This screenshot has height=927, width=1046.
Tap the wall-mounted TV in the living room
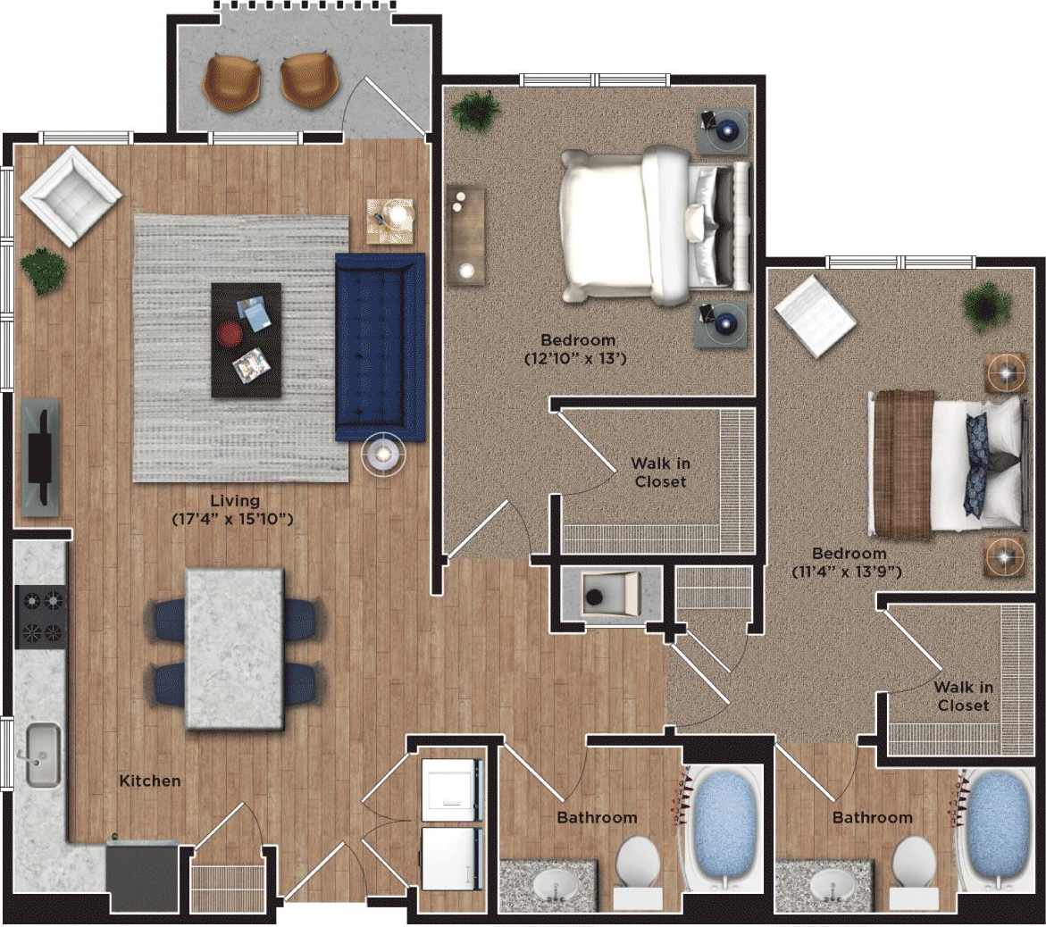click(x=40, y=456)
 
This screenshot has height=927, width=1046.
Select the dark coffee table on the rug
click(x=246, y=339)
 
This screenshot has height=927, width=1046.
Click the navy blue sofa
click(x=380, y=347)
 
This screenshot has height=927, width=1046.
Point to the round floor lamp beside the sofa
click(x=383, y=454)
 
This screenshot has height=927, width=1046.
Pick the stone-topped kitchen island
click(x=235, y=649)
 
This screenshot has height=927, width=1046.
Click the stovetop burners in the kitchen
click(x=41, y=616)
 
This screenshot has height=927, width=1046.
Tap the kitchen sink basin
click(x=43, y=755)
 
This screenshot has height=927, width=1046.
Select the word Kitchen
click(x=150, y=781)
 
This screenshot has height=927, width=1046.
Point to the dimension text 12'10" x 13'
click(x=578, y=359)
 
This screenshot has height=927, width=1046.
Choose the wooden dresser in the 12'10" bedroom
click(x=465, y=236)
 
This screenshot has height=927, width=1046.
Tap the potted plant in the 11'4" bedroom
click(x=987, y=306)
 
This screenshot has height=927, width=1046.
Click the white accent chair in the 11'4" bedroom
click(x=815, y=315)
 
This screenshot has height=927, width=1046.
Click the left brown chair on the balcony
click(x=231, y=80)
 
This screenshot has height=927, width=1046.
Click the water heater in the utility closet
click(x=610, y=591)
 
